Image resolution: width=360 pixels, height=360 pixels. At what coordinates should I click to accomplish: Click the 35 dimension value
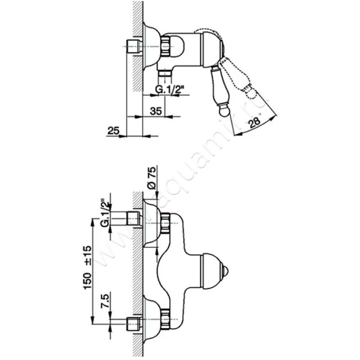(156, 111)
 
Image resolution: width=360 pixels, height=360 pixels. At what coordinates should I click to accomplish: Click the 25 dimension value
(114, 130)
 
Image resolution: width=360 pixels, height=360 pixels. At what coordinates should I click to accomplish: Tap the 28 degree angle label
(255, 122)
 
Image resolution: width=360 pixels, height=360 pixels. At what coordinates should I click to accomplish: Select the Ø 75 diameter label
(152, 178)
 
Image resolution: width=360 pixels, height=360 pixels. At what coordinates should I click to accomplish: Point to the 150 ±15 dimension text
(88, 267)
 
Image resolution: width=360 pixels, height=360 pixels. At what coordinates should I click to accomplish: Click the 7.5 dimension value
(106, 301)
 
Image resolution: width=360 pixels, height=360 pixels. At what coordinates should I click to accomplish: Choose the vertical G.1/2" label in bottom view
(106, 212)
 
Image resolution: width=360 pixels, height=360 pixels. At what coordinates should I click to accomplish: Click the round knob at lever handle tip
(223, 112)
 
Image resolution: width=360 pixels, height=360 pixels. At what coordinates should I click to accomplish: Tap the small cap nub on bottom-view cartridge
(227, 271)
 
